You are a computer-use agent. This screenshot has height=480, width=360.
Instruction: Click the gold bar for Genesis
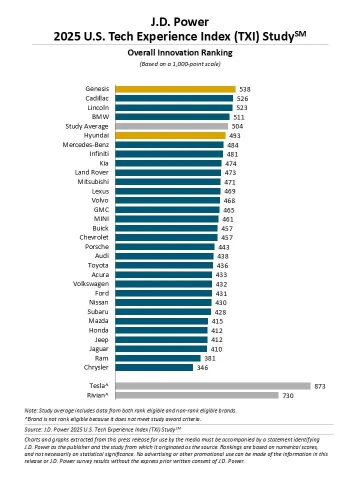pyautogui.click(x=175, y=89)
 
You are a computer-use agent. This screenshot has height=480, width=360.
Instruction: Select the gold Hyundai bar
pyautogui.click(x=170, y=135)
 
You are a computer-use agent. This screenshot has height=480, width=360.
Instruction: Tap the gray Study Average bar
pyautogui.click(x=171, y=126)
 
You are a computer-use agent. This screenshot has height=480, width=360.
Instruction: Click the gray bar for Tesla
pyautogui.click(x=212, y=386)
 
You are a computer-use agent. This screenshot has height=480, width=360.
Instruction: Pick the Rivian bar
pyautogui.click(x=196, y=395)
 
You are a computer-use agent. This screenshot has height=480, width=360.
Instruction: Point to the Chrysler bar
pyautogui.click(x=154, y=367)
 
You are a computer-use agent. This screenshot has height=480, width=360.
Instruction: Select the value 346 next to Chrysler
pyautogui.click(x=202, y=367)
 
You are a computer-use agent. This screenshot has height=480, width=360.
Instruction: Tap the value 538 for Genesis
pyautogui.click(x=245, y=89)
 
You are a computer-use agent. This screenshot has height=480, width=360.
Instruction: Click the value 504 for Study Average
pyautogui.click(x=237, y=126)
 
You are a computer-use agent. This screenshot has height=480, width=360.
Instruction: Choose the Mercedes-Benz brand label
pyautogui.click(x=85, y=144)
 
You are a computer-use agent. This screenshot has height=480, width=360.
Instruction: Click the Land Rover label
pyautogui.click(x=92, y=172)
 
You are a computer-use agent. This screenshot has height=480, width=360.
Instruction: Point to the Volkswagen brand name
pyautogui.click(x=91, y=284)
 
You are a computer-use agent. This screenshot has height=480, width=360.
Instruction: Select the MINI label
pyautogui.click(x=100, y=219)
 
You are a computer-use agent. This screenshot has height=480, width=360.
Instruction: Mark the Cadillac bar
pyautogui.click(x=174, y=98)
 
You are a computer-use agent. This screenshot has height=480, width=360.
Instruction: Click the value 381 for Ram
pyautogui.click(x=210, y=358)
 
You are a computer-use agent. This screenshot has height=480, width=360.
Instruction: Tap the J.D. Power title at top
pyautogui.click(x=179, y=21)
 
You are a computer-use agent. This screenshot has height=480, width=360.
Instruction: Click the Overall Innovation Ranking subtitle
pyautogui.click(x=180, y=52)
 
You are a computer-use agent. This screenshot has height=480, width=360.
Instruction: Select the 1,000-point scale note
pyautogui.click(x=180, y=63)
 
